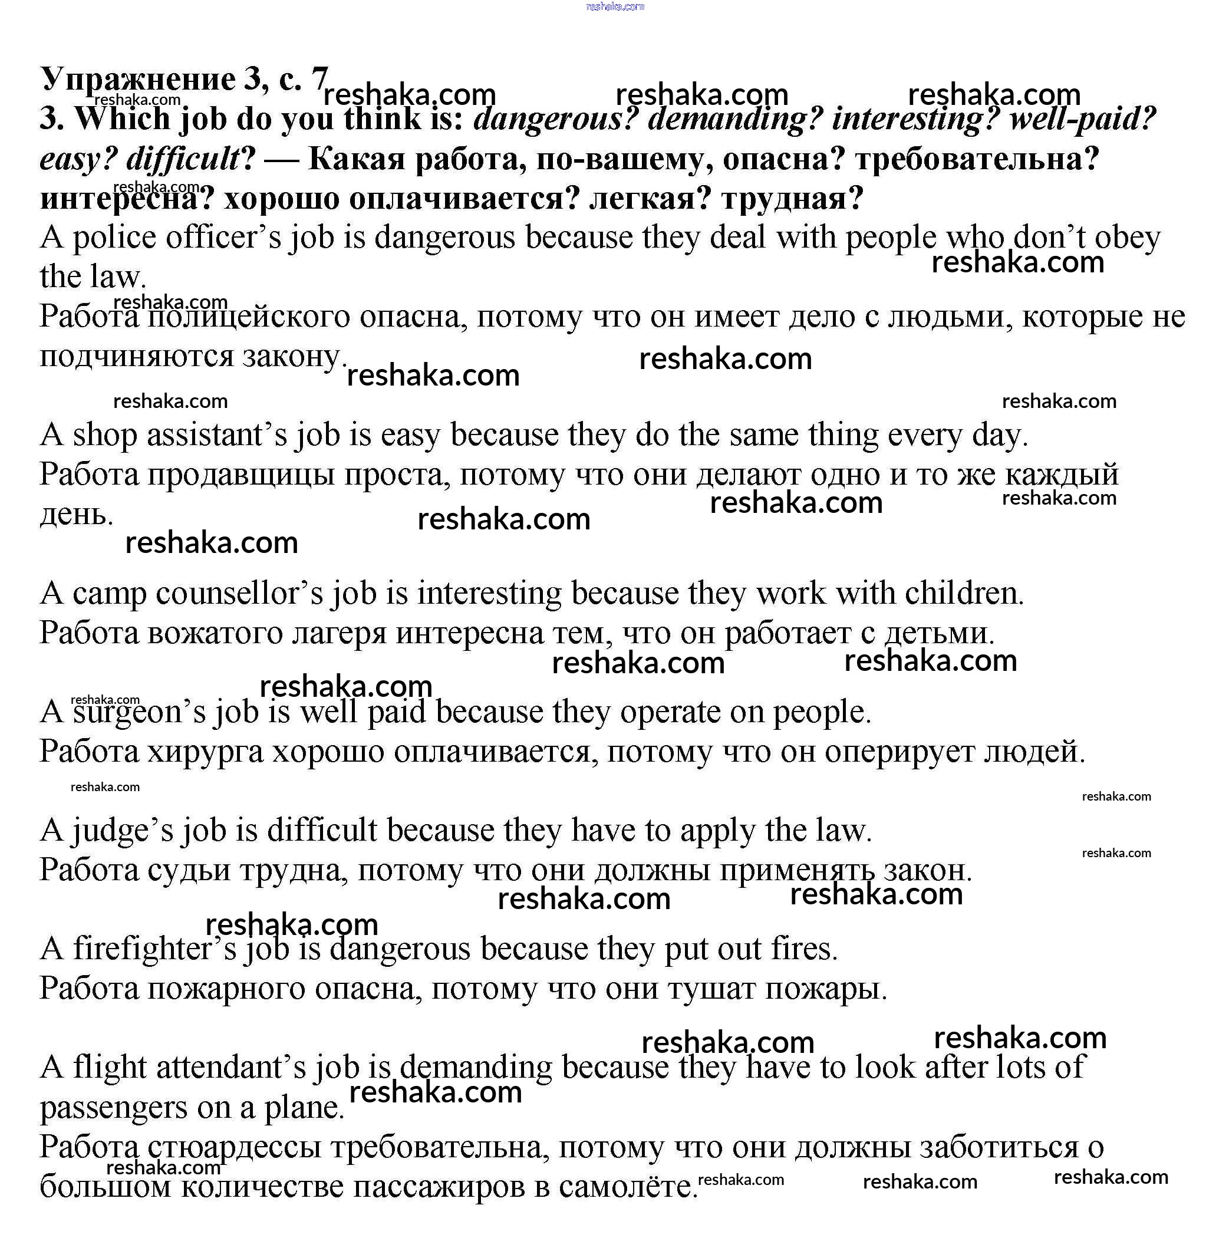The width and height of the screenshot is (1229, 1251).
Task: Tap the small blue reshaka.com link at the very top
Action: coord(614,6)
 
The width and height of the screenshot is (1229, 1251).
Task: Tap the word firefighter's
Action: coord(154,950)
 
